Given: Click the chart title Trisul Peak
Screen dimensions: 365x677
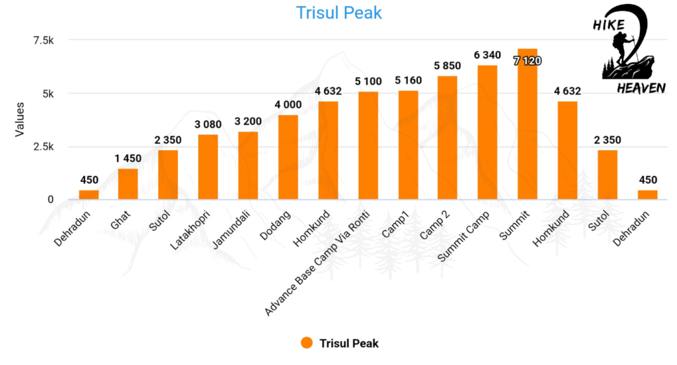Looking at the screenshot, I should pos(339,13).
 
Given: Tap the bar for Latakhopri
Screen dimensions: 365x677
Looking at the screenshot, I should pos(208,167).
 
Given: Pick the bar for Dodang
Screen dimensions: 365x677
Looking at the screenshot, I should pos(288,157).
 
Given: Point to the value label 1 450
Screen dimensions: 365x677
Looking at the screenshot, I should pos(128,161).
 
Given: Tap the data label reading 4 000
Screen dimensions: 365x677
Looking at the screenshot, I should pos(288,106).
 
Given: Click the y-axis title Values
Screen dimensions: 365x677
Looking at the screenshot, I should pos(20,120).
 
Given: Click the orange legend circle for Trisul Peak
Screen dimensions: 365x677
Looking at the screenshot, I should pos(306,343).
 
